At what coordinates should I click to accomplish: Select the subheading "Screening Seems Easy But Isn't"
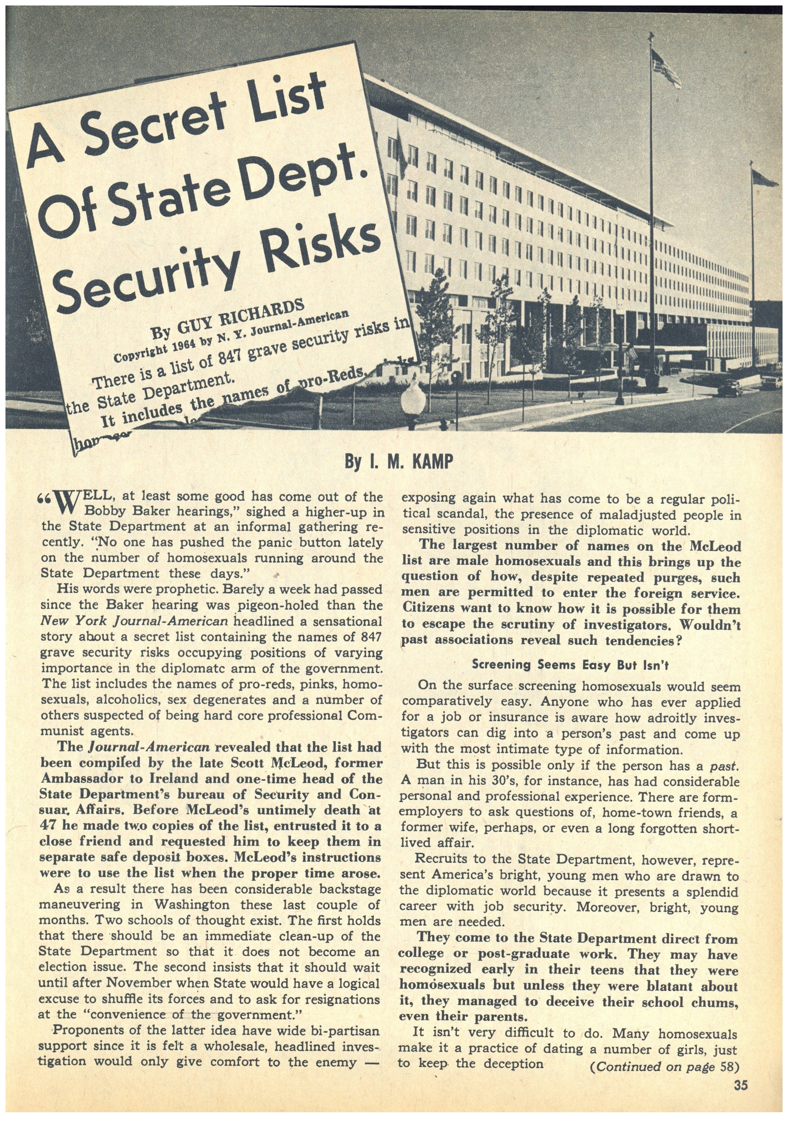570,665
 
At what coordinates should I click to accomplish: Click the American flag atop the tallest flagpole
666,68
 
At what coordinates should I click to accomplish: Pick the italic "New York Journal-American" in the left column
134,622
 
